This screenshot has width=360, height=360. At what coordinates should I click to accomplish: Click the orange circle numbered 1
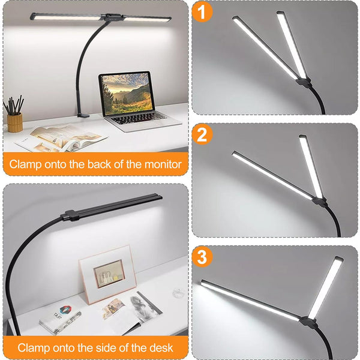pos(203,11)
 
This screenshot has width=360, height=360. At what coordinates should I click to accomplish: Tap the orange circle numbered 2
pos(203,134)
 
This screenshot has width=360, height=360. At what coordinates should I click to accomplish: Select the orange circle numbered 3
pos(203,257)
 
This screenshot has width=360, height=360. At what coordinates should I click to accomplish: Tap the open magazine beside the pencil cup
pos(60,137)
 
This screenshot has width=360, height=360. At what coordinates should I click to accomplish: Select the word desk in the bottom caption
pos(161,347)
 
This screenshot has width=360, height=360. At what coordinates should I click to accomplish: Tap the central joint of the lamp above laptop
pos(109,17)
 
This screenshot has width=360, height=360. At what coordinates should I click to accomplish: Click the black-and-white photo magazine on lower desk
pos(144,305)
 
